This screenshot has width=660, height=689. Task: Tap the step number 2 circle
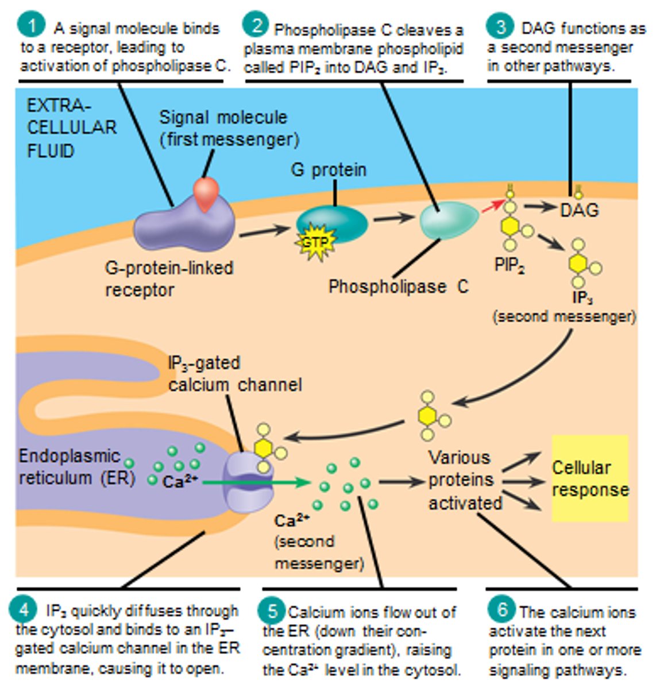point(255,25)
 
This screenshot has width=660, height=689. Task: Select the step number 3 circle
point(501,26)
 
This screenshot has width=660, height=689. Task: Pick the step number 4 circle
point(25,610)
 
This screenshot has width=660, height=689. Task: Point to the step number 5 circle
point(272,610)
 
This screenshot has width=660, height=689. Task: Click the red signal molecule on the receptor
point(206,194)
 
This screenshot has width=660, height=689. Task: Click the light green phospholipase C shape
point(449,220)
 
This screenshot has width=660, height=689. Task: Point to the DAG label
point(579,210)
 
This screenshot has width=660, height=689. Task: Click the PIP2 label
point(510,265)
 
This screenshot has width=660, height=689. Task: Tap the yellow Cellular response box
point(590,478)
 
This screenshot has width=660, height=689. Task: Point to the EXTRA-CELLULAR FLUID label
point(71,128)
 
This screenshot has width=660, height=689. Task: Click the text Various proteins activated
point(464,480)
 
